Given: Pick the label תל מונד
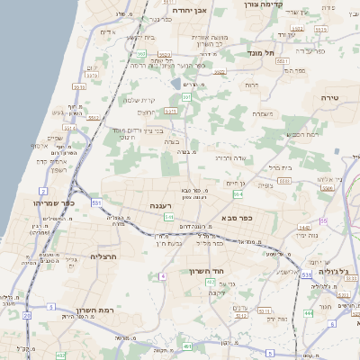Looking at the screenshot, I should [x=250, y=53].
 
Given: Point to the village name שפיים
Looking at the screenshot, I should [x=55, y=138].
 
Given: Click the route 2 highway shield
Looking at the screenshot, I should [x=43, y=192].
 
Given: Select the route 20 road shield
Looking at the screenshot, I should [x=27, y=316].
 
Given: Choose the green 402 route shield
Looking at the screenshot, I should [x=185, y=346].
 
